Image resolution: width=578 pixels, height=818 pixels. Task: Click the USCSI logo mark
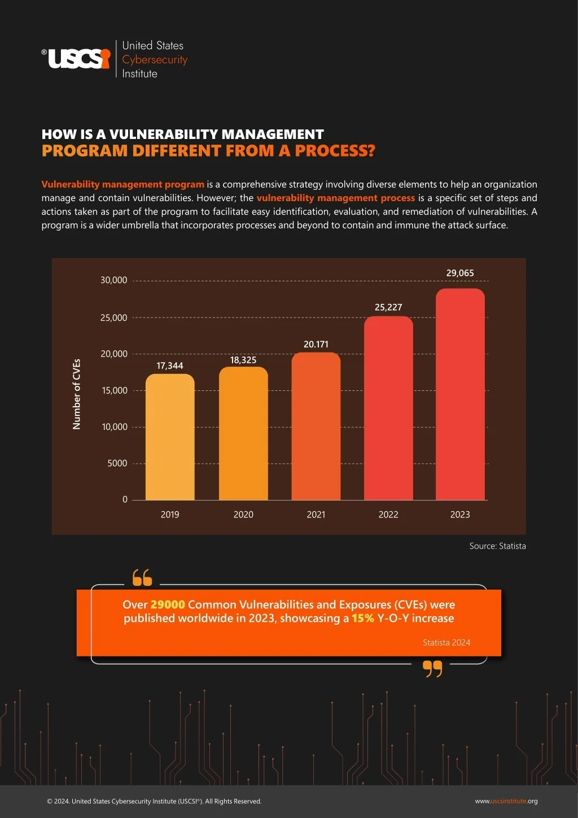tap(76, 58)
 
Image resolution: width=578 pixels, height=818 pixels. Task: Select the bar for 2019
tap(170, 437)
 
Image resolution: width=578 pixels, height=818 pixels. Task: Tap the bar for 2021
tap(316, 426)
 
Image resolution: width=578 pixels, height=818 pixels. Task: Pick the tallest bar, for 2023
tap(460, 394)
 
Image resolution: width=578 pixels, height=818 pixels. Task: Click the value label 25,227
tap(388, 307)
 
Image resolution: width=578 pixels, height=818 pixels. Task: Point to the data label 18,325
tap(243, 360)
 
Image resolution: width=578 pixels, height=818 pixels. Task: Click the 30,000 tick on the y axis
tap(114, 280)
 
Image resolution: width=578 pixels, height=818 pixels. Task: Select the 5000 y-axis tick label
tap(117, 463)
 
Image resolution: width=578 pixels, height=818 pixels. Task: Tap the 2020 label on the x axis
tap(243, 515)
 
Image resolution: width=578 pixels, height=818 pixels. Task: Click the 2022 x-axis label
tap(388, 515)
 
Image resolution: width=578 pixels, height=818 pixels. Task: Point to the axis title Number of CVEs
tap(77, 394)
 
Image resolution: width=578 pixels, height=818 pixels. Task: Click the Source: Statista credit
tap(497, 546)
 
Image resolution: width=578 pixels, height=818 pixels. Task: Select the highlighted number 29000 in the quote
tap(168, 604)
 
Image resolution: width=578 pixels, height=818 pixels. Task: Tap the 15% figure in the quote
tap(363, 618)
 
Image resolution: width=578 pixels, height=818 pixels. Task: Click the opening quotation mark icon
tap(142, 577)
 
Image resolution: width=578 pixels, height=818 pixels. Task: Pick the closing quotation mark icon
tap(432, 669)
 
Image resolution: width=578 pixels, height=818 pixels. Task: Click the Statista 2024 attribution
tap(446, 643)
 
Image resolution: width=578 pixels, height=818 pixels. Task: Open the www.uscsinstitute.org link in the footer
tap(506, 801)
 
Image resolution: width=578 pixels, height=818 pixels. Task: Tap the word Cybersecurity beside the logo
tap(155, 60)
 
